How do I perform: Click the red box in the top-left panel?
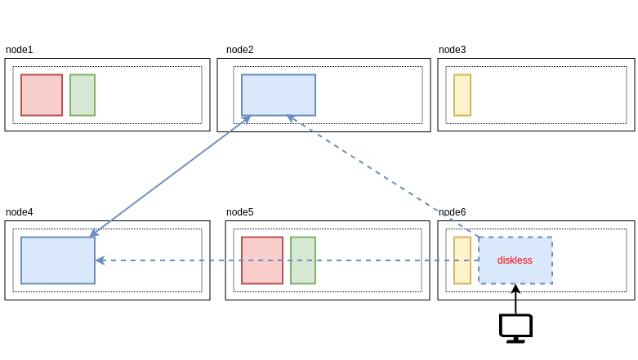[x=42, y=95]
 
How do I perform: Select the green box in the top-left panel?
[x=83, y=95]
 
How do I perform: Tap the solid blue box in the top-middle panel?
[x=279, y=95]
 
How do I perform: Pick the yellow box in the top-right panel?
[x=462, y=95]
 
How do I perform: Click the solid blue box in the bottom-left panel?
[x=58, y=260]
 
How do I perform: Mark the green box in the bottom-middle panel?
[x=303, y=249]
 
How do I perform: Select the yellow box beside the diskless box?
[x=462, y=260]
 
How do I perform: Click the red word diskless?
[x=515, y=260]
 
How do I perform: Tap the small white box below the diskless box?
[x=515, y=326]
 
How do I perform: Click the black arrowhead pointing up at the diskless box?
[x=515, y=289]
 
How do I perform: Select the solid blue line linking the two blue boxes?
[x=169, y=176]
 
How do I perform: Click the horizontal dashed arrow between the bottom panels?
[x=180, y=260]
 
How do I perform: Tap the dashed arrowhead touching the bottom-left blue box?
[x=100, y=260]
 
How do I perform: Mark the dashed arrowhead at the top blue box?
[x=291, y=118]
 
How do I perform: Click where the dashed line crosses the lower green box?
[x=303, y=260]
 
